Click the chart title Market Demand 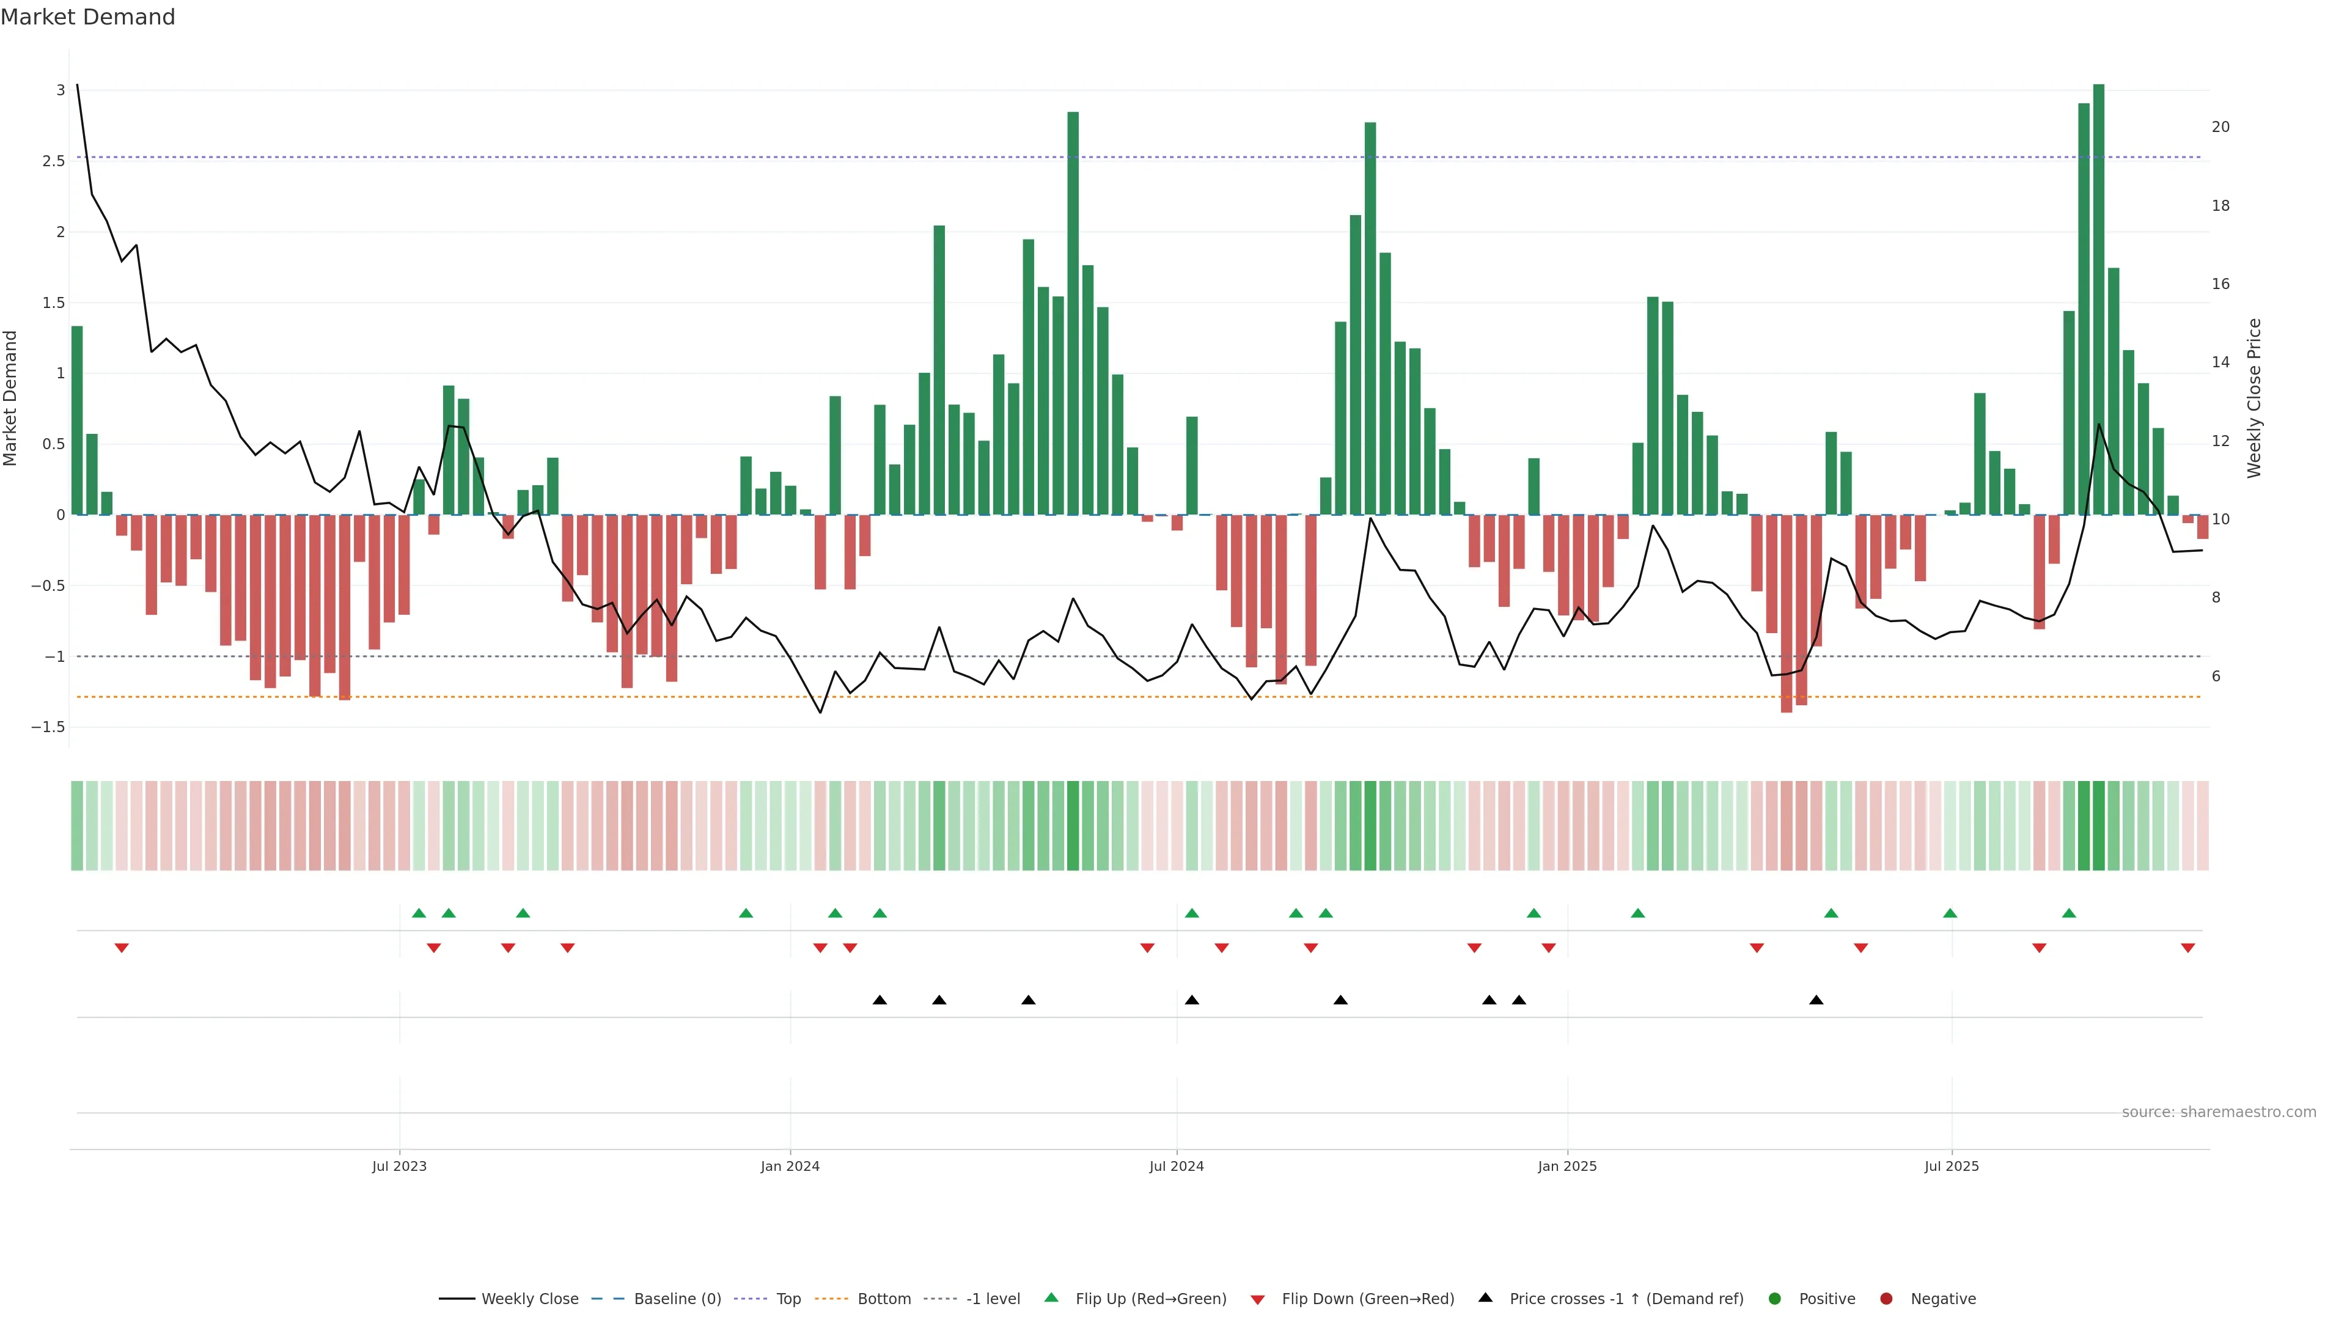tap(87, 17)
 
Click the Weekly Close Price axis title tap(2254, 398)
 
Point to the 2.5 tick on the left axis tap(54, 161)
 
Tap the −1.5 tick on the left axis tap(48, 728)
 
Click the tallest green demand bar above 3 tap(2098, 301)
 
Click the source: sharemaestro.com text tap(2219, 1112)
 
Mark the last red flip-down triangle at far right tap(2187, 948)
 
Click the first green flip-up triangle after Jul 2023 tap(419, 913)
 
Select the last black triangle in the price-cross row tap(1816, 1000)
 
